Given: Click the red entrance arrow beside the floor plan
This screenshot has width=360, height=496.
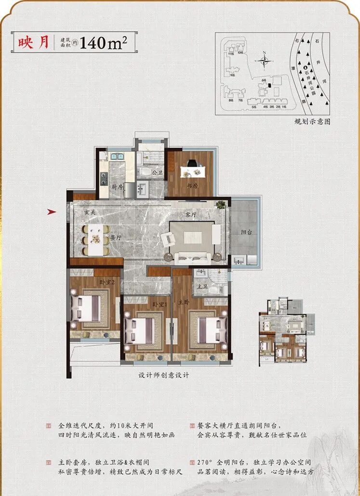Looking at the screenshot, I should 53,211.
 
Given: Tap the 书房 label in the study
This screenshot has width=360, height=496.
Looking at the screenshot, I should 193,185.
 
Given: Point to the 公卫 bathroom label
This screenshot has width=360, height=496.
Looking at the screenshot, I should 157,172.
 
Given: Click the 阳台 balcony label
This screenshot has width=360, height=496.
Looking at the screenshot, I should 246,232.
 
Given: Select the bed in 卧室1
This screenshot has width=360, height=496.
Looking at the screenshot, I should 139,331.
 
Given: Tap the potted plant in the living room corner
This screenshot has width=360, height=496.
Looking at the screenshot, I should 221,204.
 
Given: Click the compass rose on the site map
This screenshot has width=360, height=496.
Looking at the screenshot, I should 264,61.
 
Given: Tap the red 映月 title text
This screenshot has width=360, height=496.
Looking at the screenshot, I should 34,43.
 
